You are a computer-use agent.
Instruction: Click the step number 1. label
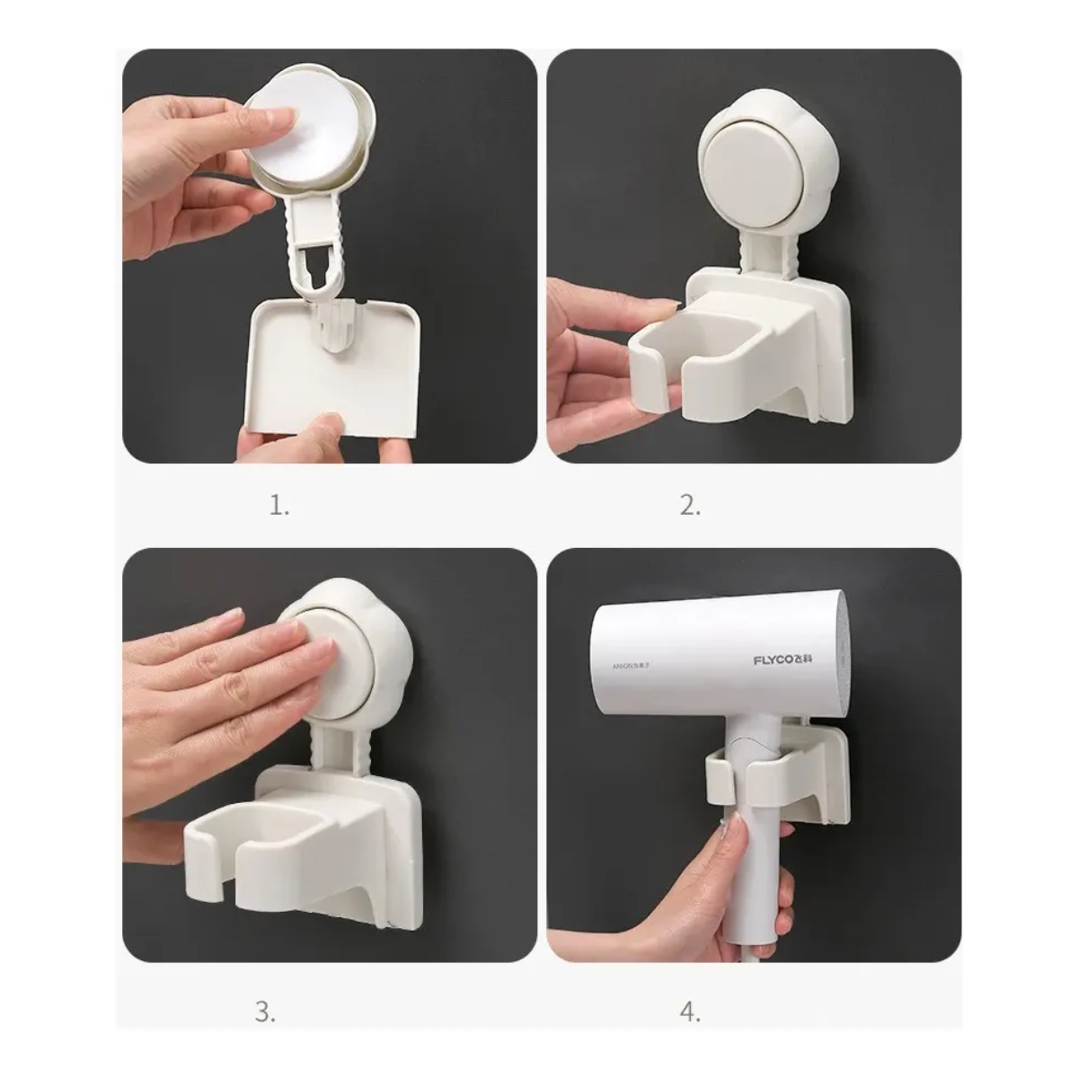[x=279, y=506]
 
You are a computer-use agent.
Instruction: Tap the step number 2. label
[x=689, y=506]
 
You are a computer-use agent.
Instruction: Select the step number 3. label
[x=265, y=1012]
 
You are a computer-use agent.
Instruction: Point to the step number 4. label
[x=690, y=1012]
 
